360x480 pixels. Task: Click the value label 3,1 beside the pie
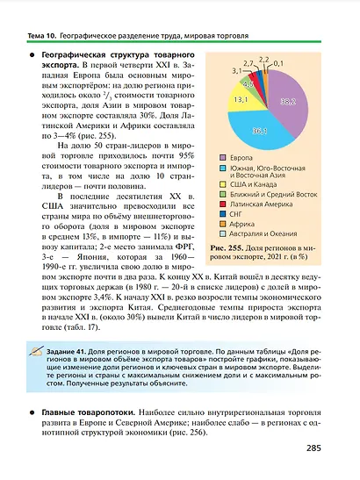(236, 69)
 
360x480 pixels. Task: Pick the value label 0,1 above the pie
(279, 63)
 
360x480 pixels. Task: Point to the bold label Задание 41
(68, 351)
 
